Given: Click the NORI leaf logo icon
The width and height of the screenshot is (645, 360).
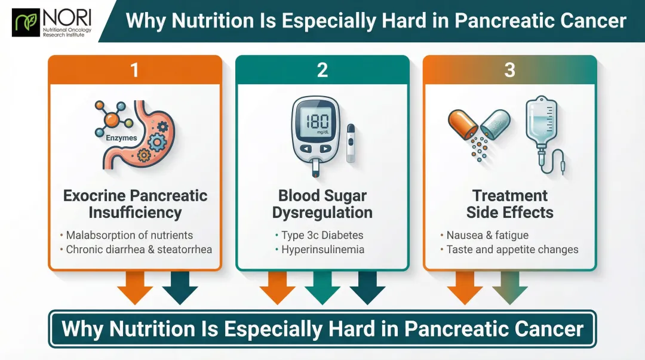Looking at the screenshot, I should pos(26,21).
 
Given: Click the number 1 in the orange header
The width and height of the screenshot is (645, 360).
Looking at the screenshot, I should pos(135,70).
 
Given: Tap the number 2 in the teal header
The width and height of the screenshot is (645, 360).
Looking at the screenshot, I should pos(322,70).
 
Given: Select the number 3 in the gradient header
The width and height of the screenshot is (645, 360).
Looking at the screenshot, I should pos(509,70).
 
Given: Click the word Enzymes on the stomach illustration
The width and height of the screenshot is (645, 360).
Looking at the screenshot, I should pos(121,138).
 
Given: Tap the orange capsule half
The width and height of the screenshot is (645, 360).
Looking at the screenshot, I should pos(463,124).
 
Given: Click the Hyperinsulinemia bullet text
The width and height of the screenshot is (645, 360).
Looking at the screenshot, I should pos(323,250).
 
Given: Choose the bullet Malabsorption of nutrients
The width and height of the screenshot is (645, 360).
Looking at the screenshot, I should pos(129,235).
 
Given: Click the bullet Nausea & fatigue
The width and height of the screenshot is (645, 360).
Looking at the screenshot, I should pos(487,235).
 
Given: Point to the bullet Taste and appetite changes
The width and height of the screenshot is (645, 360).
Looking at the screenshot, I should pos(512,250).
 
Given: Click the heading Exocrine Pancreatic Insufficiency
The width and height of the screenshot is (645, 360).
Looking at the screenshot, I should pos(135,204).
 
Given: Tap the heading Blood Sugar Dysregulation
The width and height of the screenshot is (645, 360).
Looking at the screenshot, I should pos(322,204).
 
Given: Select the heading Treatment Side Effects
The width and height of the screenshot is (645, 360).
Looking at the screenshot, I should pos(509,204).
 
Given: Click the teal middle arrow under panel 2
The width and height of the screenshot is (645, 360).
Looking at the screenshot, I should pos(322,288).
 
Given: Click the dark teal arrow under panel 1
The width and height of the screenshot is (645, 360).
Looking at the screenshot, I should pos(180,288).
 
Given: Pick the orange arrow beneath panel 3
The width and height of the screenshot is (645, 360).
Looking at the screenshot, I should pos(465,288).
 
